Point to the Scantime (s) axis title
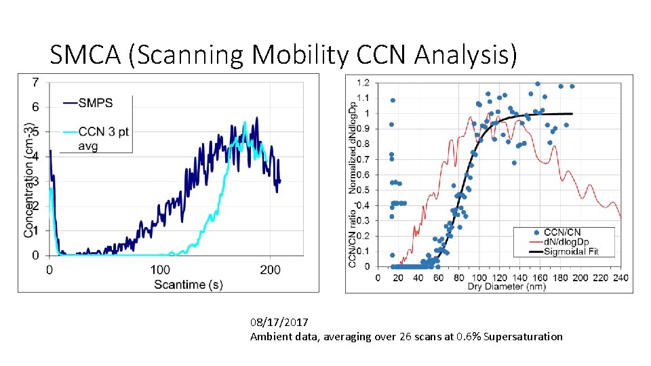188,284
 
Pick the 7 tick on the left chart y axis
35,82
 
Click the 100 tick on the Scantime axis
160,270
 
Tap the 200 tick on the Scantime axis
271,270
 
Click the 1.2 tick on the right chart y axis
363,83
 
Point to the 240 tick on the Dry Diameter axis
620,277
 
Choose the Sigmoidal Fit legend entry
576,251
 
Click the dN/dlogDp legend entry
573,242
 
